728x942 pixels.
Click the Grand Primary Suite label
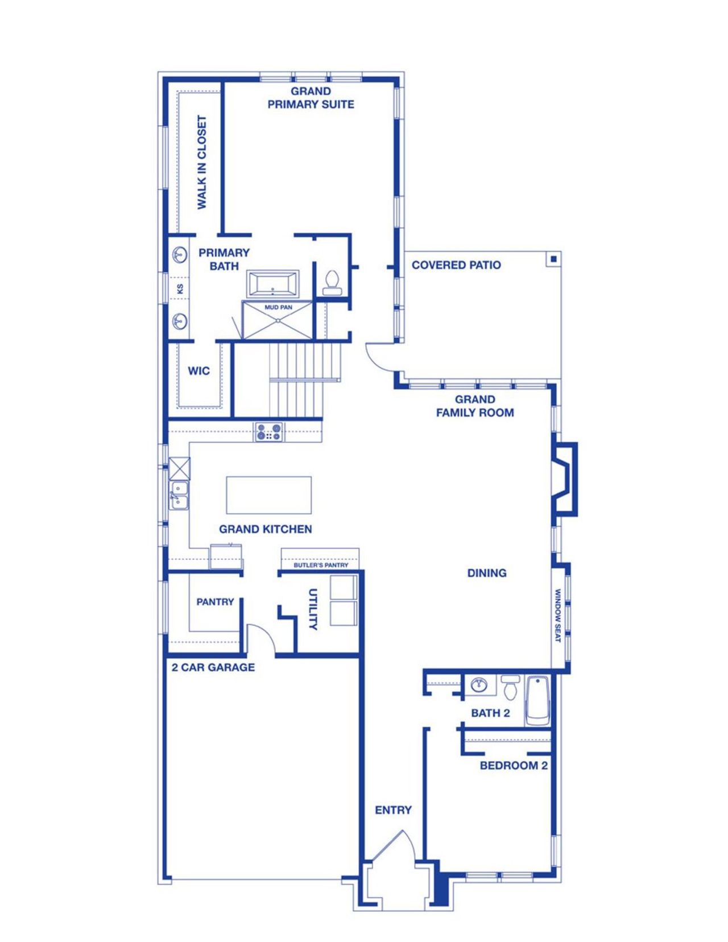[311, 98]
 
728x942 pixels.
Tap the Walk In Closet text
[202, 163]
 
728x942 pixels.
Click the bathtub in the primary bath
[273, 284]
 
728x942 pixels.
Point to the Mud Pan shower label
[278, 308]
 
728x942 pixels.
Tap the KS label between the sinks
[180, 289]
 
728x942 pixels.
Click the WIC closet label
[199, 371]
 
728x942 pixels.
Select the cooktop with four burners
[269, 431]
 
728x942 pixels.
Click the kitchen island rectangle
[268, 495]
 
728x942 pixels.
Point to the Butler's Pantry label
[321, 565]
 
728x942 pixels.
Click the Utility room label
[312, 609]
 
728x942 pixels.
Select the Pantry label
[215, 602]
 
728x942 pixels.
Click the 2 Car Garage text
[213, 667]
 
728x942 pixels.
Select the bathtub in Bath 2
[537, 700]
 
